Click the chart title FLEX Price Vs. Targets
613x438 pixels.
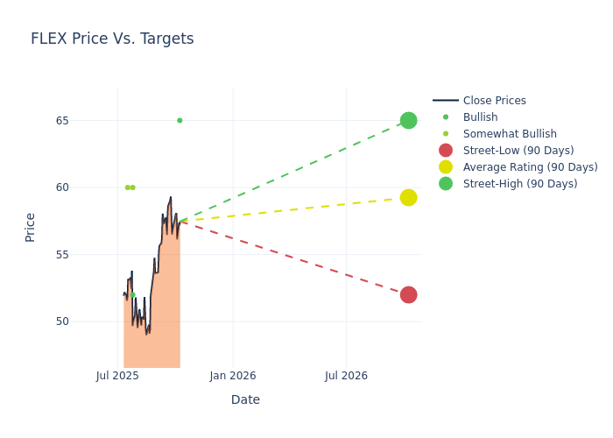112,39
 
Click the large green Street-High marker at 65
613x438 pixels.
408,120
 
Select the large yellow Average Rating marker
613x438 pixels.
408,197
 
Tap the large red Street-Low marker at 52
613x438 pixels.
408,294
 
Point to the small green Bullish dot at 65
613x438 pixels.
180,120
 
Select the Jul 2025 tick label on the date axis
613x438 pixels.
117,376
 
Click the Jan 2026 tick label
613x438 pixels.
233,376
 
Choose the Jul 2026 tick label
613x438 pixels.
346,376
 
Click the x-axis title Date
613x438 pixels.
245,399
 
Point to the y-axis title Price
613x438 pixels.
31,227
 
